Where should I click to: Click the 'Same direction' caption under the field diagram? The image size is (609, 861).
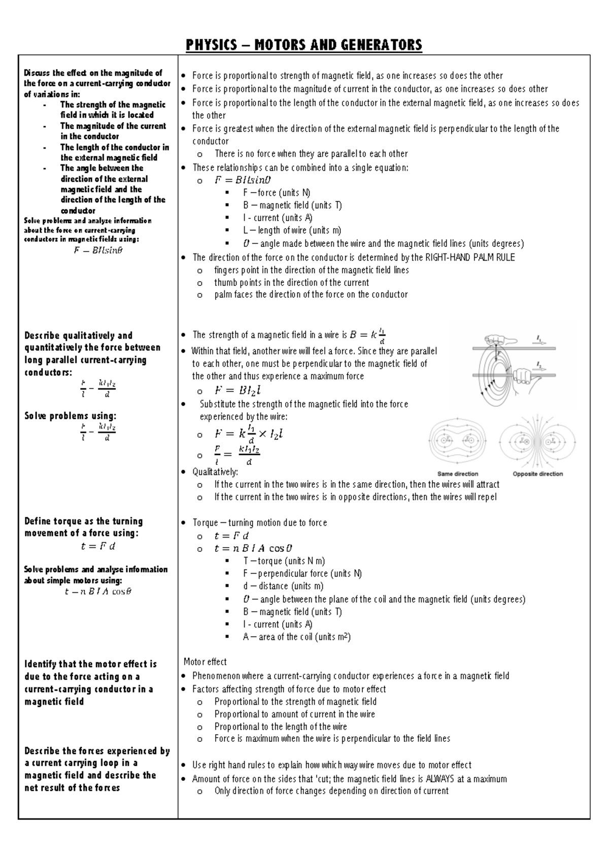(457, 474)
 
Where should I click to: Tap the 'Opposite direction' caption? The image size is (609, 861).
(537, 474)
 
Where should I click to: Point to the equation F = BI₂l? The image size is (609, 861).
(238, 390)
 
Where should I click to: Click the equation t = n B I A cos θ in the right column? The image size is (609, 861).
(253, 549)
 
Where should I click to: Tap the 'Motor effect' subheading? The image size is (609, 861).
(205, 662)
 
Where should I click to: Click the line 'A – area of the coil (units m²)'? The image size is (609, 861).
(296, 637)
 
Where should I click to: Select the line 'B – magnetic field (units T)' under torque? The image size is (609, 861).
(292, 612)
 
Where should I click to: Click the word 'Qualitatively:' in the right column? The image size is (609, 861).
(215, 472)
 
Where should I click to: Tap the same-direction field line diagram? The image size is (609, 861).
(455, 441)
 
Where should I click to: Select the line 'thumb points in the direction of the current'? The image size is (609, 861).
(291, 282)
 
